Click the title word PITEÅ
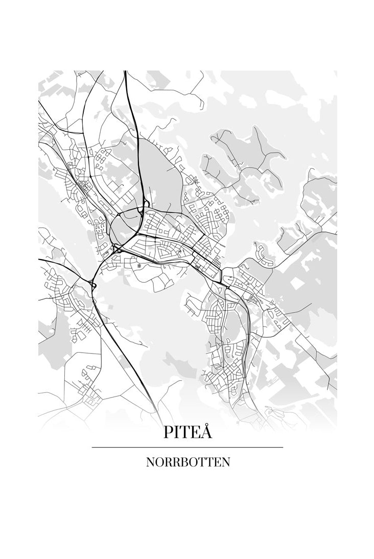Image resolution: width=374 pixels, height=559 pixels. click(188, 432)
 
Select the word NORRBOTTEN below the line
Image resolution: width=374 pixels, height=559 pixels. click(188, 462)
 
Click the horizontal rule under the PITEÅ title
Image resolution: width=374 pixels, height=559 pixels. click(188, 448)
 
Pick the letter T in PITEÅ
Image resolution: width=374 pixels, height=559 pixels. click(186, 433)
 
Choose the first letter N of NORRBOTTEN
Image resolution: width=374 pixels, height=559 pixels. click(150, 462)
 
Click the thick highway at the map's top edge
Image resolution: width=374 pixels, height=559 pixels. click(126, 77)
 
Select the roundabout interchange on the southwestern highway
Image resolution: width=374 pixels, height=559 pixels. click(92, 283)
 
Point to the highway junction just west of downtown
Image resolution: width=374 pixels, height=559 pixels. click(116, 249)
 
